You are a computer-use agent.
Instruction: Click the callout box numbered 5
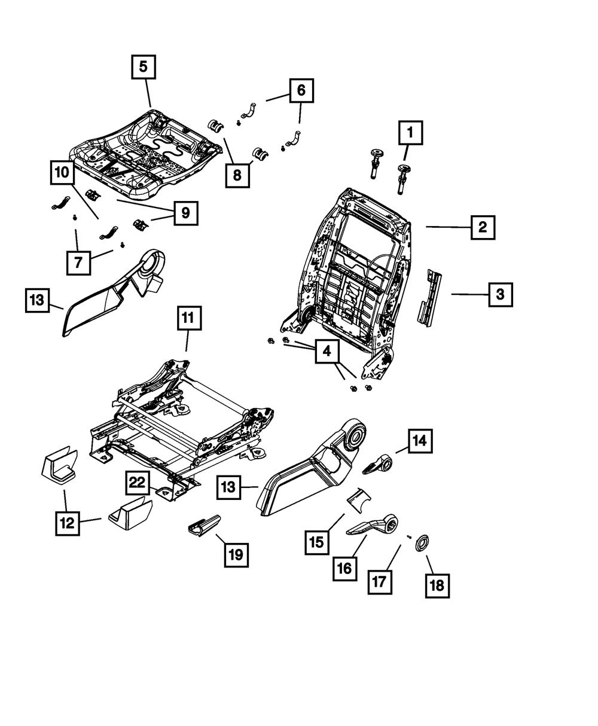[x=144, y=66]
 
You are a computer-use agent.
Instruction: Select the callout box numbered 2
[x=483, y=227]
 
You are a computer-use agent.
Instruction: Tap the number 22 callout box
[x=138, y=483]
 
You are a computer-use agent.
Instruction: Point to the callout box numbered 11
[x=190, y=318]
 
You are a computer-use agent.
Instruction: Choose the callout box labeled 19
[x=236, y=555]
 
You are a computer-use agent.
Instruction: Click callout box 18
[x=437, y=586]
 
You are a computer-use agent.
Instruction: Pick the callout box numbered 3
[x=501, y=294]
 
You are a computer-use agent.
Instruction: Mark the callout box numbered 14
[x=420, y=441]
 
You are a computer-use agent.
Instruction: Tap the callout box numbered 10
[x=63, y=172]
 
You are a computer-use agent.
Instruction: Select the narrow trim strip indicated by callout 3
[x=429, y=298]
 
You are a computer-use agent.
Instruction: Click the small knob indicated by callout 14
[x=377, y=464]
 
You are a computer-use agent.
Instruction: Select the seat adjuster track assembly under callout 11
[x=181, y=429]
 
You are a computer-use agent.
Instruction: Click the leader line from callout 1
[x=407, y=152]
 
